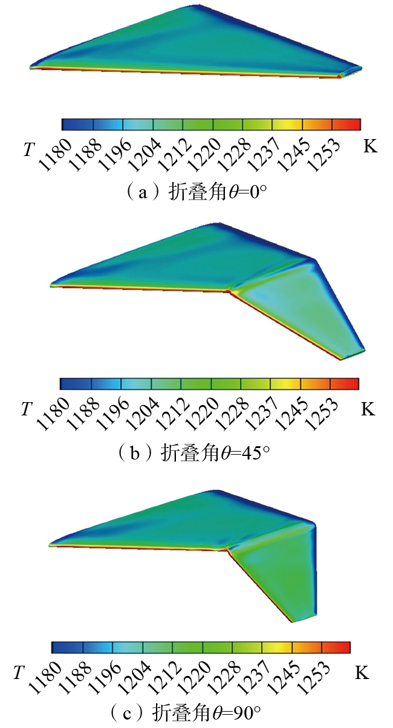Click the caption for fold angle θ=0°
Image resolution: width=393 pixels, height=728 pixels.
click(x=197, y=193)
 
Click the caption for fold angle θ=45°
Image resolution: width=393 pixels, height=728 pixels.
click(x=197, y=452)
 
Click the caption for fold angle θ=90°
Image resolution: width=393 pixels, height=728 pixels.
click(x=197, y=710)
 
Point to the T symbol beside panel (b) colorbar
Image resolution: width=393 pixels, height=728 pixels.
click(x=26, y=409)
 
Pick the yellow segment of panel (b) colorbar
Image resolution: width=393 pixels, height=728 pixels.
click(x=285, y=384)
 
